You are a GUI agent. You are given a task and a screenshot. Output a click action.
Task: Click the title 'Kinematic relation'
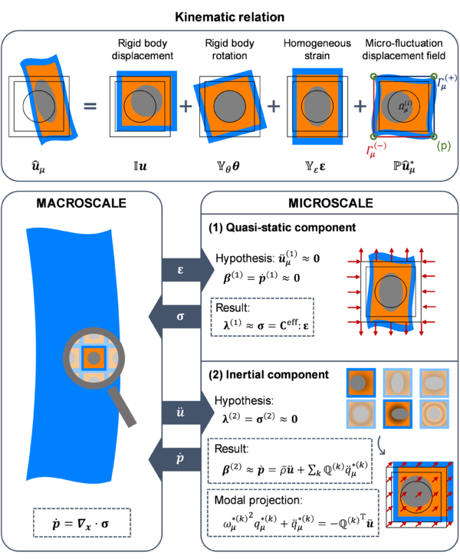229,15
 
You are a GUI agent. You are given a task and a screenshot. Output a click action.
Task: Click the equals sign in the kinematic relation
90,104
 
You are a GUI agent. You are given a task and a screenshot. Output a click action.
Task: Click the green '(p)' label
442,144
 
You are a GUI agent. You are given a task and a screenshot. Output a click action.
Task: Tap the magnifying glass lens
94,358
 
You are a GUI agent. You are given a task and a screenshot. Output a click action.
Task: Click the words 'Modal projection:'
255,498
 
